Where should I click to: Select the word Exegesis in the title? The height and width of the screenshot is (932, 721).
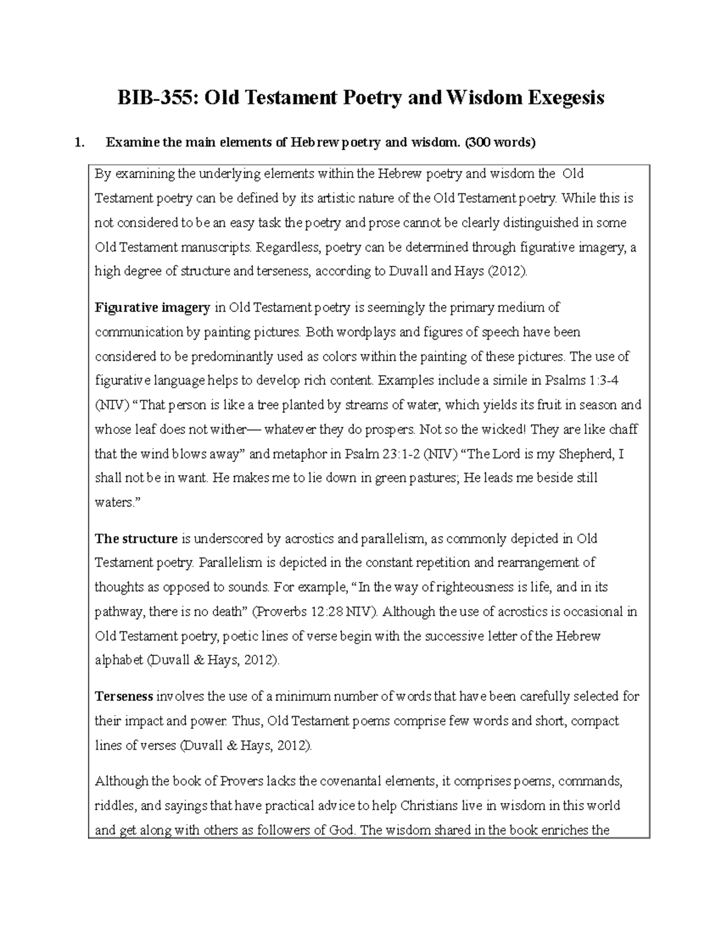point(565,97)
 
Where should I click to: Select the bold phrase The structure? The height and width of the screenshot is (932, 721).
point(136,538)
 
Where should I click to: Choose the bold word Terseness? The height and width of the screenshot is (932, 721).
point(124,696)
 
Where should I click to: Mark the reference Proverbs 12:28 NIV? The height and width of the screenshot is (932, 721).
point(315,612)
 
